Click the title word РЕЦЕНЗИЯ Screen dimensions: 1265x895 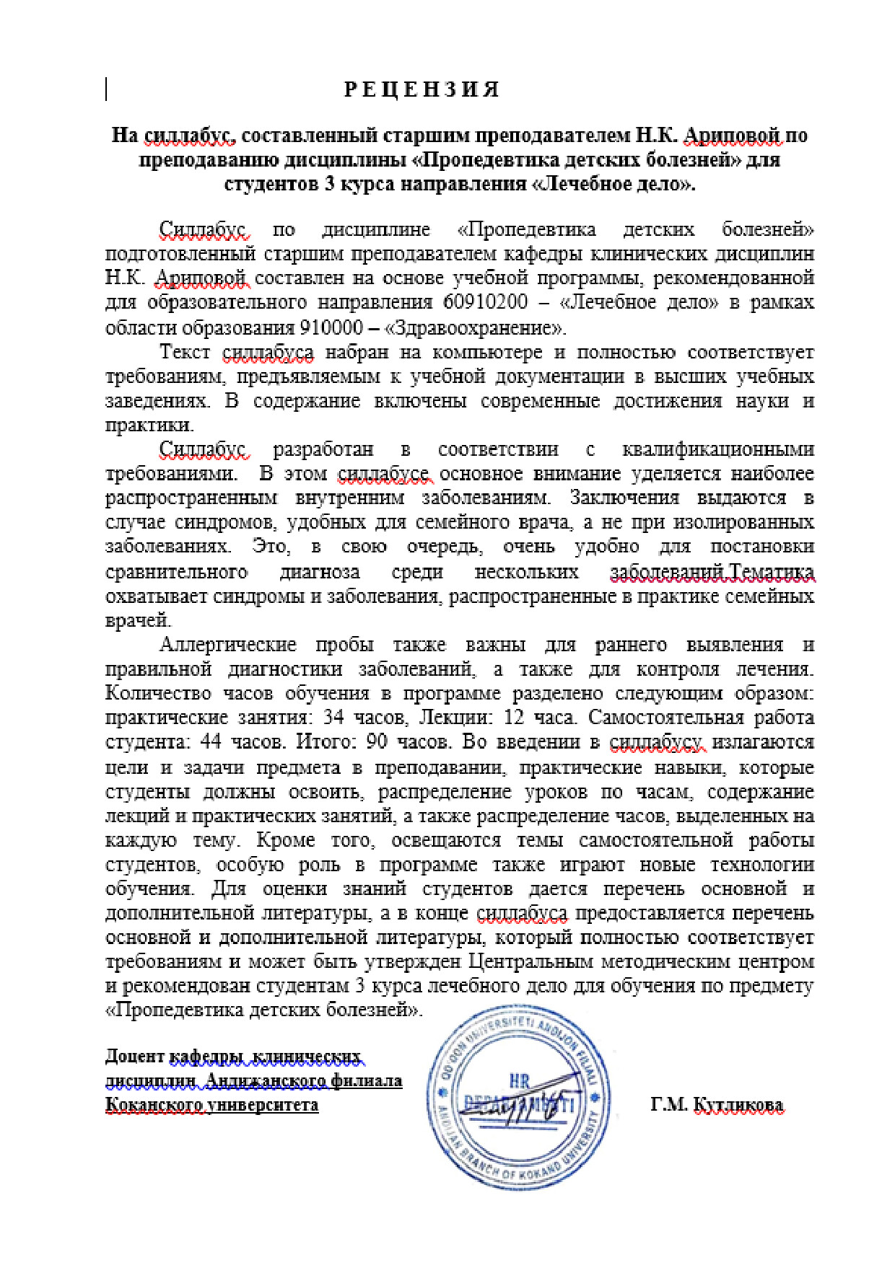(422, 89)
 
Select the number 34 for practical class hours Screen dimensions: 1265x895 (333, 718)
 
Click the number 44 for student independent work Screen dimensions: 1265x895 (211, 742)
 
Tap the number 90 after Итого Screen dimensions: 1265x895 (377, 742)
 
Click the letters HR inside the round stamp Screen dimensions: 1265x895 (520, 1080)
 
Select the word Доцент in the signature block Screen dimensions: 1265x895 (135, 1057)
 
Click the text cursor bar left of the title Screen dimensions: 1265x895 (107, 89)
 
